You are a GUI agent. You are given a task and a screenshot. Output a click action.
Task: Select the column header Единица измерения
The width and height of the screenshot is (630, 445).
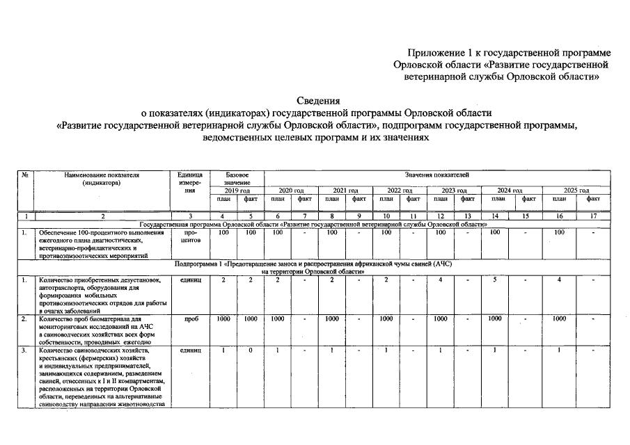tap(190, 182)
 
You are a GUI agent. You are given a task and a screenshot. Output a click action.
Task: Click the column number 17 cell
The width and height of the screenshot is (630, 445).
tap(592, 216)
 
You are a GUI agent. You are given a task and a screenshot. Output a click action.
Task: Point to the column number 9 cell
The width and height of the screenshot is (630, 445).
tap(359, 216)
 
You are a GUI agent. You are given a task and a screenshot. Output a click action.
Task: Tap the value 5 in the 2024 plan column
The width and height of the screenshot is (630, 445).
tap(495, 280)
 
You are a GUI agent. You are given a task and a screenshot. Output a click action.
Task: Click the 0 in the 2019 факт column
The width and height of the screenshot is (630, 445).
tap(249, 350)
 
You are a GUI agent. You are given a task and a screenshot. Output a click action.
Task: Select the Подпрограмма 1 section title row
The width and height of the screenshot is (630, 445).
tap(313, 268)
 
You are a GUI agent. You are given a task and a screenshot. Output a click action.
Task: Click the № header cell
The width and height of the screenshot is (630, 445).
tap(25, 175)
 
